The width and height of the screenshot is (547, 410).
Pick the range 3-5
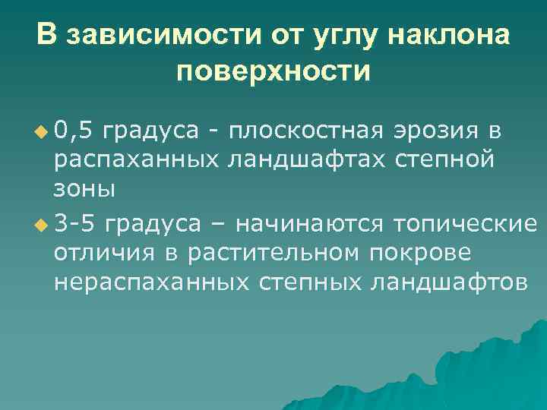point(77,224)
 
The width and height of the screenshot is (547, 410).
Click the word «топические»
point(465,224)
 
